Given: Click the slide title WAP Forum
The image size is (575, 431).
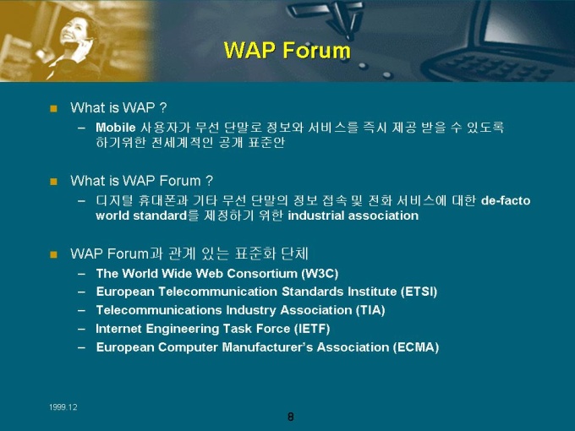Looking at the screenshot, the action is point(287,50).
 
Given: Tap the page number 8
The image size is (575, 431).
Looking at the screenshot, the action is point(290,417).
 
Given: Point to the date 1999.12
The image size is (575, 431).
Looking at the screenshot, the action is point(63,407).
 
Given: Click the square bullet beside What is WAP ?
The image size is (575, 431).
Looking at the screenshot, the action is point(53,108).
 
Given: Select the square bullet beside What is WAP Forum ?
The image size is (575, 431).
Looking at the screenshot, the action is point(53,182).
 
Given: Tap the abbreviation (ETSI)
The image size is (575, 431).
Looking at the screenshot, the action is point(419,292).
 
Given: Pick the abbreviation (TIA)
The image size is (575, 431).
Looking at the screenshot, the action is point(370,310).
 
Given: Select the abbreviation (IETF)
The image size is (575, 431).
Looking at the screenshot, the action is point(312,329).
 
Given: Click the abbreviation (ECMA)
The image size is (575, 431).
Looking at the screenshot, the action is point(416,347).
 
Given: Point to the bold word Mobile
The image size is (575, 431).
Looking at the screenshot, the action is point(116,128).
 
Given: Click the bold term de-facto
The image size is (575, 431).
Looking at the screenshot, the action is point(506,201).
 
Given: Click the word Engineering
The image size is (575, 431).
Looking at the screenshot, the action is point(183,329).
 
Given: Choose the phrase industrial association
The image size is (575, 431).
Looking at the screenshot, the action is point(353,215).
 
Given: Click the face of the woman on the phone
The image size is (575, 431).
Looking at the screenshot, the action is point(74,31).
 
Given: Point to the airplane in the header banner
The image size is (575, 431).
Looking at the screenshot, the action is point(326,17).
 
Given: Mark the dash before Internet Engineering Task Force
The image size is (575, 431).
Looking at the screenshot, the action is point(81,329).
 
